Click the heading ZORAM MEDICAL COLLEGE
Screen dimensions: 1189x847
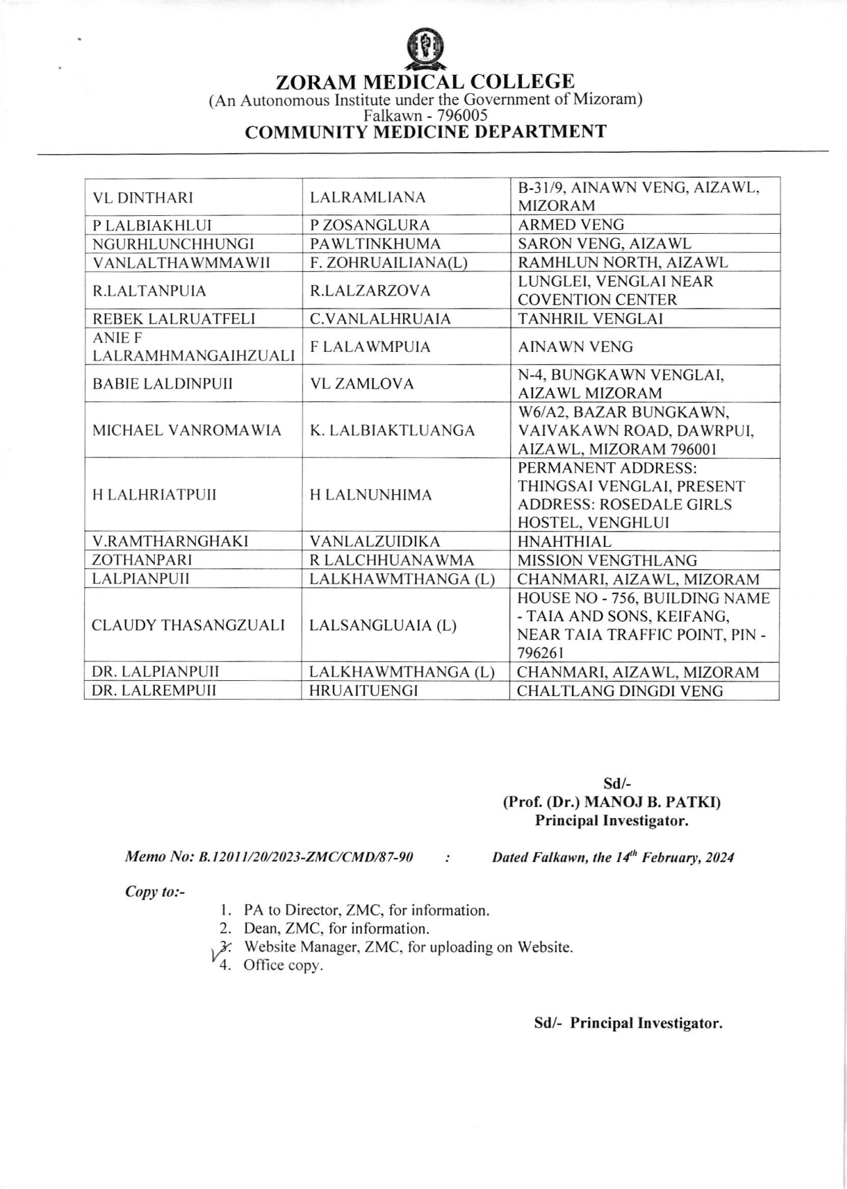pyautogui.click(x=425, y=82)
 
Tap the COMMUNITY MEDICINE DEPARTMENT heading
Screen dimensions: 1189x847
pyautogui.click(x=425, y=132)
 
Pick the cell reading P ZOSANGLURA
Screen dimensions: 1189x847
pyautogui.click(x=370, y=225)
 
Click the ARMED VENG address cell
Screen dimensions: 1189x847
pyautogui.click(x=571, y=225)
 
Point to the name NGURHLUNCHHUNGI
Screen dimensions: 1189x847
pyautogui.click(x=173, y=244)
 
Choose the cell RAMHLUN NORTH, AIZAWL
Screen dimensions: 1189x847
pyautogui.click(x=622, y=263)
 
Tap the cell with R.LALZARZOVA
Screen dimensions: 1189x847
pyautogui.click(x=370, y=291)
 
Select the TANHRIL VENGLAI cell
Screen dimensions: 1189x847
pyautogui.click(x=590, y=319)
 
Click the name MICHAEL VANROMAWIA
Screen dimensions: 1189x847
pyautogui.click(x=186, y=431)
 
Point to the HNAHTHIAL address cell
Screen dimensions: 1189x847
pyautogui.click(x=564, y=542)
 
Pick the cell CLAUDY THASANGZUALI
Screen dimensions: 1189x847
pyautogui.click(x=188, y=626)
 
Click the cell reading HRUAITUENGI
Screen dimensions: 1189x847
pyautogui.click(x=363, y=691)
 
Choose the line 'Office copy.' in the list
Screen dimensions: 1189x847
pyautogui.click(x=283, y=966)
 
